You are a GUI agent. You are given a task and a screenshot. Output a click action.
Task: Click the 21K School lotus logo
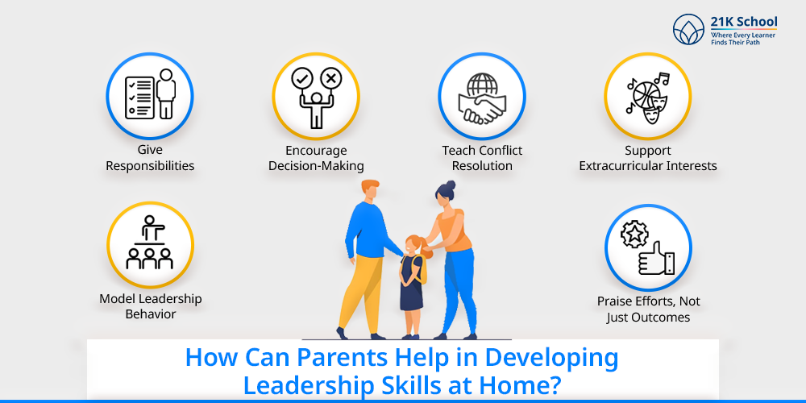point(689,29)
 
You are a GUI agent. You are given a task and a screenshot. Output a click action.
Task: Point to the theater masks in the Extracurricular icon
point(650,106)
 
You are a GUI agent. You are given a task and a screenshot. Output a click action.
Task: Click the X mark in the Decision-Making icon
point(330,78)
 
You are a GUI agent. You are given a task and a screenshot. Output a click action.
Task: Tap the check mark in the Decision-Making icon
point(301,78)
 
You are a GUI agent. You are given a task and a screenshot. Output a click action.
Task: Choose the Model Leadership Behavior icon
point(150,243)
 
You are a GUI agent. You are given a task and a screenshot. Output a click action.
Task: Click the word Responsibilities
point(150,166)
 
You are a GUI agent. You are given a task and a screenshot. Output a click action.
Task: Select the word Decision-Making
point(316,166)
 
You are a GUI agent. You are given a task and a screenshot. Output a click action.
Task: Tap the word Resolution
point(482,166)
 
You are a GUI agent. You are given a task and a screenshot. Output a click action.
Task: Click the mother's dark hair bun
point(451,184)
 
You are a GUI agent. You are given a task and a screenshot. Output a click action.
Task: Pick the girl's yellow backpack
point(422,268)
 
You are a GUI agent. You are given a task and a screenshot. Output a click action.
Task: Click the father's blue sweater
point(368,231)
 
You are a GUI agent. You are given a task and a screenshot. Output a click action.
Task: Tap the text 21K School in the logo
point(744,23)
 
